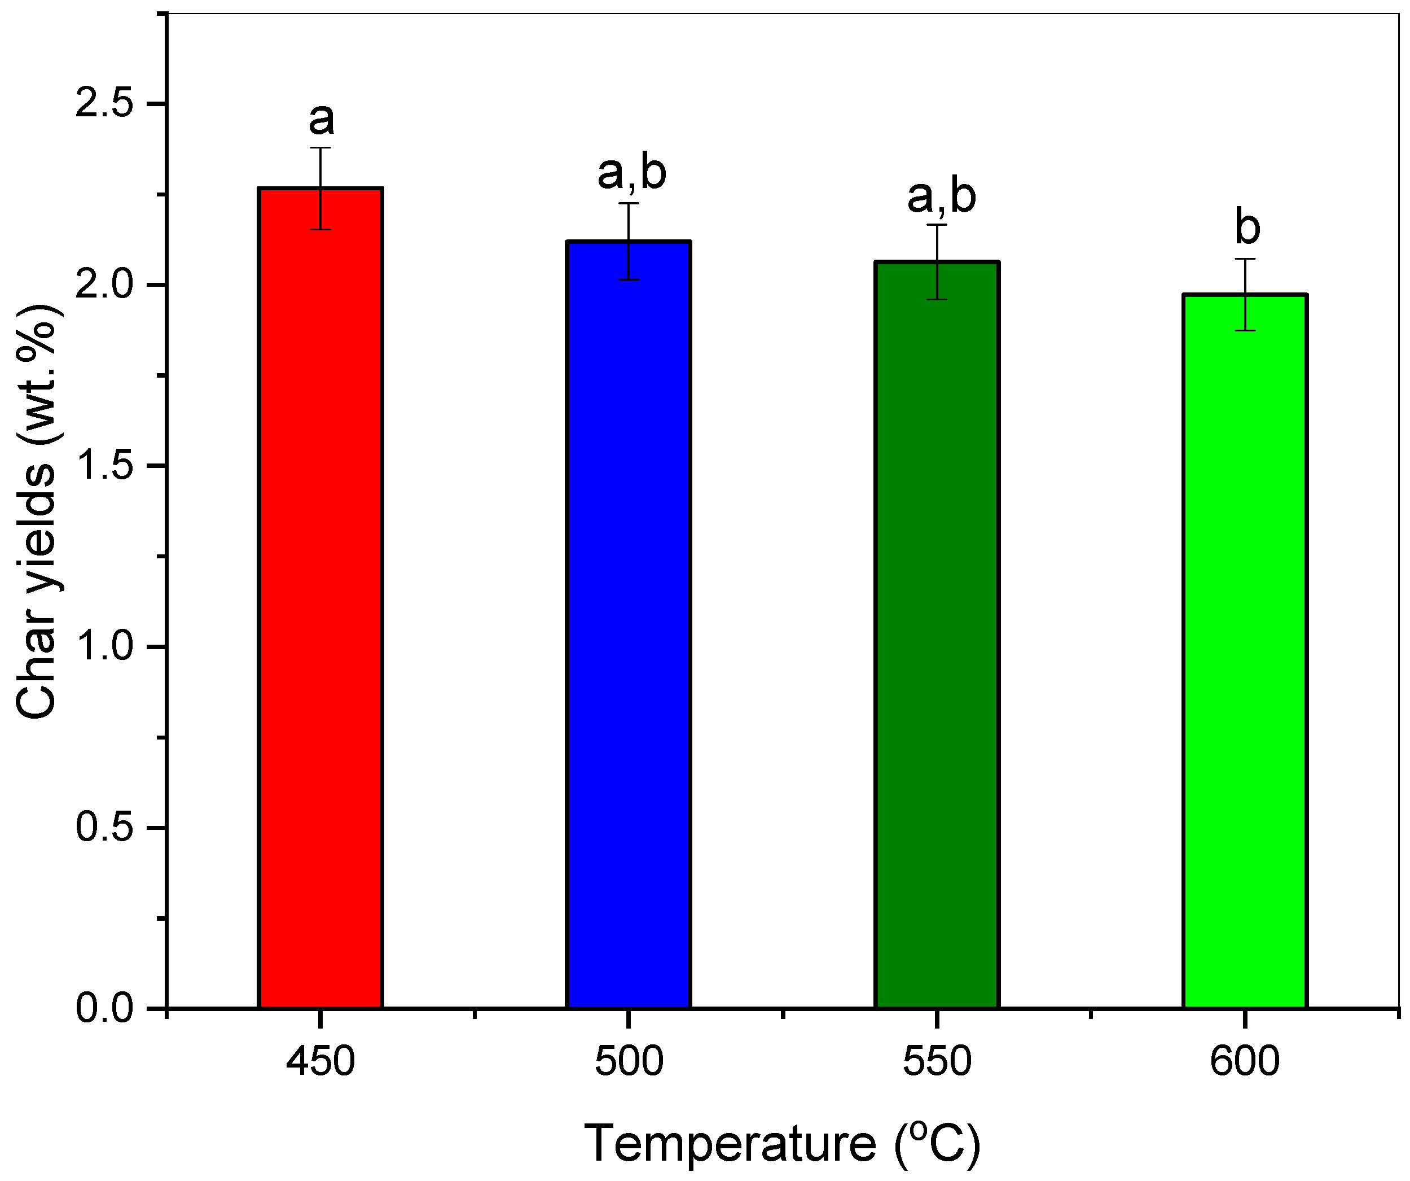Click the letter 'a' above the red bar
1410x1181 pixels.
coord(321,120)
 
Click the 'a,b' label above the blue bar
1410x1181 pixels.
coord(631,173)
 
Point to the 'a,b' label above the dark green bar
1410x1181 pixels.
coord(941,197)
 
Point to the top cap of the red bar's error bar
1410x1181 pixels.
coord(321,148)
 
